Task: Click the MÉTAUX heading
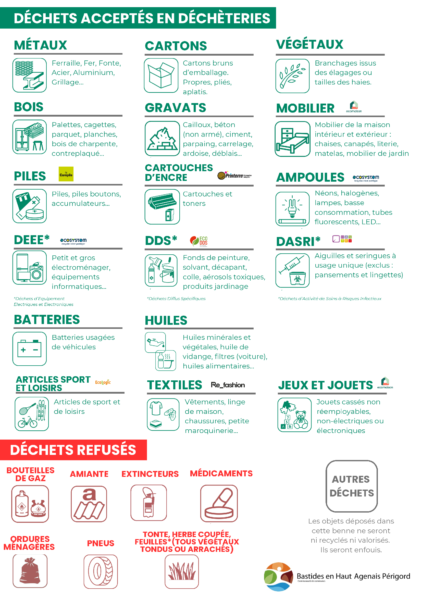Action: (x=40, y=45)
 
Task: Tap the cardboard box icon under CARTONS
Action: (x=161, y=75)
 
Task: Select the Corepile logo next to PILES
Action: (x=66, y=174)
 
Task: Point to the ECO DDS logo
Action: (x=199, y=241)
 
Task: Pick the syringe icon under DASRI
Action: (x=292, y=270)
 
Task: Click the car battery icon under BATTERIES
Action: (x=29, y=349)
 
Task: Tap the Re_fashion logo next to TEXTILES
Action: (x=228, y=385)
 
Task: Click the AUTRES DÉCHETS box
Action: (x=352, y=486)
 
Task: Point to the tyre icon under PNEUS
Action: (x=101, y=571)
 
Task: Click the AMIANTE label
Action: (x=89, y=474)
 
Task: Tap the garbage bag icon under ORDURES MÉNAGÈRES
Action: (x=30, y=571)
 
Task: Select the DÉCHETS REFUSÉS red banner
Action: (x=73, y=450)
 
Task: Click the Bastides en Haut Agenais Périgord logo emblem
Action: (x=278, y=576)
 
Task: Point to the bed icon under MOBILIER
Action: (x=292, y=139)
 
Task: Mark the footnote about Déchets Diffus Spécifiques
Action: (x=176, y=299)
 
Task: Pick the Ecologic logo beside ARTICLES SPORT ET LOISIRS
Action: (x=103, y=382)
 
